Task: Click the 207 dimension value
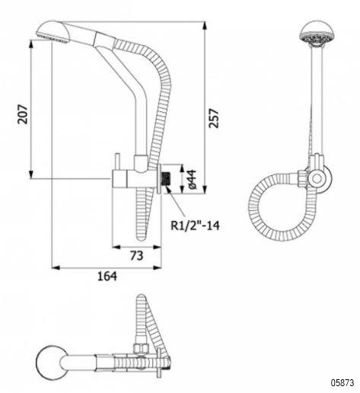point(23,114)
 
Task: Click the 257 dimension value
point(213,118)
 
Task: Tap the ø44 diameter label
point(192,180)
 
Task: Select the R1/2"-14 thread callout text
point(195,225)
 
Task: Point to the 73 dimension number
point(136,256)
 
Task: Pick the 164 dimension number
point(107,276)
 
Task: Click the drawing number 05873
point(342,382)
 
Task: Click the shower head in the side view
point(53,31)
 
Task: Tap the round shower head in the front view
point(317,34)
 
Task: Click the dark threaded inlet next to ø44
point(167,179)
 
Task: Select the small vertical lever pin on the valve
point(118,161)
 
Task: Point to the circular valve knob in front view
point(317,178)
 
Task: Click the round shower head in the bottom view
point(52,362)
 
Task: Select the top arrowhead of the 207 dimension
point(31,44)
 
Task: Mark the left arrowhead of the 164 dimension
point(56,267)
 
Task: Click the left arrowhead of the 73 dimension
point(116,247)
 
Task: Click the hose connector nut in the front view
point(302,177)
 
